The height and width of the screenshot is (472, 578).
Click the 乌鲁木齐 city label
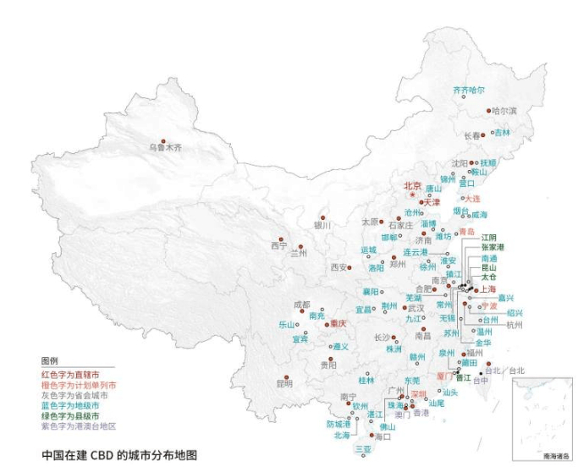[165, 148]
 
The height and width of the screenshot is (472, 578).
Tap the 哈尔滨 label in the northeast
[503, 111]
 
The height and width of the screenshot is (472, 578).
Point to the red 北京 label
[412, 186]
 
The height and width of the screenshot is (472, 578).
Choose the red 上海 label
[487, 288]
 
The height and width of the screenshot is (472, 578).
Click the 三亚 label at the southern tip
[363, 448]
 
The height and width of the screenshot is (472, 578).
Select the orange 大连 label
[473, 198]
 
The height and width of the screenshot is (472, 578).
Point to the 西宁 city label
[279, 246]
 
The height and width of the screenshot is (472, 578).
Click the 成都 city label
[301, 305]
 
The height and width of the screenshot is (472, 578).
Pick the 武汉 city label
[416, 309]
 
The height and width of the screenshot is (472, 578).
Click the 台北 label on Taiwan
[515, 370]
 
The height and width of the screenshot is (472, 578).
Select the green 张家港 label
[493, 247]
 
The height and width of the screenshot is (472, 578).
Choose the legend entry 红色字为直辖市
[70, 373]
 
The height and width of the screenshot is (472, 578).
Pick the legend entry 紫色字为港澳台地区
[79, 427]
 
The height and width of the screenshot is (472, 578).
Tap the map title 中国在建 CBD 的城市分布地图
[119, 455]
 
